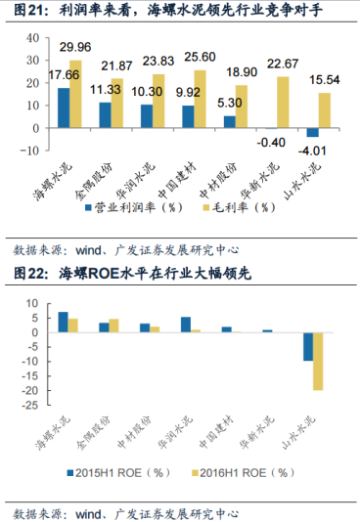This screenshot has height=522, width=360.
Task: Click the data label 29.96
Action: point(76,46)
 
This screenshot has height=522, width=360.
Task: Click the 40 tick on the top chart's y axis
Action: point(29,38)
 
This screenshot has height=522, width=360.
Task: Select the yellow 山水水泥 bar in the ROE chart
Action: point(318,362)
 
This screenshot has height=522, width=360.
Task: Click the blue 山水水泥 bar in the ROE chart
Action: point(307,347)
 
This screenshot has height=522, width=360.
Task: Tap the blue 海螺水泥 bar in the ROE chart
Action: point(63,323)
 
